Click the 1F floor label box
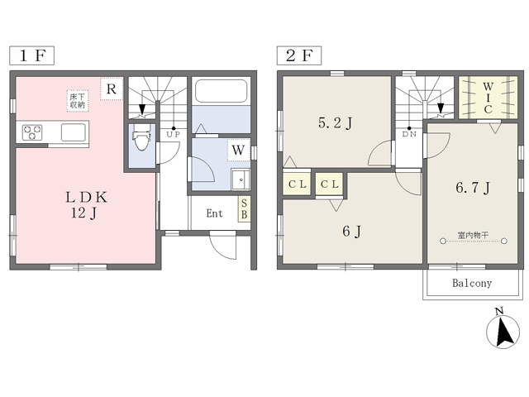(31, 55)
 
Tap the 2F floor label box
(299, 55)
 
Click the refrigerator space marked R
(112, 88)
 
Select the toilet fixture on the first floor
(141, 141)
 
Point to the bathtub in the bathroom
(221, 90)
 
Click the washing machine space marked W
(239, 150)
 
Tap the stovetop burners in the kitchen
(32, 132)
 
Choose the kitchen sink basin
(74, 132)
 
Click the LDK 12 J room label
(86, 205)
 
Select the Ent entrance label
(215, 213)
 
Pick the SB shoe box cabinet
(245, 209)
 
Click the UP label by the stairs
(174, 134)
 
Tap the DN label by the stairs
(409, 134)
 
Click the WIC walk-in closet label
(488, 98)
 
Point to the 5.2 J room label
(335, 123)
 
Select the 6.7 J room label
(473, 188)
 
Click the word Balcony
(472, 283)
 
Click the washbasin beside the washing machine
(241, 179)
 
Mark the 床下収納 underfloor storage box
(78, 101)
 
